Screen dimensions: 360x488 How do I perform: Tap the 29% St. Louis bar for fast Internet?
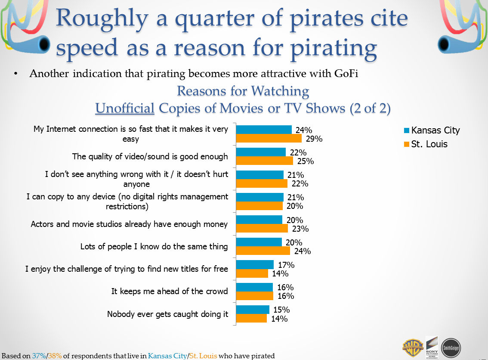click(x=269, y=139)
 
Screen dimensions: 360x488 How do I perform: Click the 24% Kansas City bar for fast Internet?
click(x=264, y=130)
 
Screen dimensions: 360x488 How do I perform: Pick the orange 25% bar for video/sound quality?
click(x=265, y=161)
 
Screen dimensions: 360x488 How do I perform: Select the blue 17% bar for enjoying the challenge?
click(x=255, y=264)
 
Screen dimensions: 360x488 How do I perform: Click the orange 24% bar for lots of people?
click(x=263, y=251)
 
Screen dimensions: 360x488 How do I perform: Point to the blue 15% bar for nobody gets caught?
click(x=253, y=310)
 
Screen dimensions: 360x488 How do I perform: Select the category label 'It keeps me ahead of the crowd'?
click(x=170, y=292)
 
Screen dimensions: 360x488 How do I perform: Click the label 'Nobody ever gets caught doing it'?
click(x=167, y=314)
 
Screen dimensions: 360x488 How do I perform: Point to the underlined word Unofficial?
click(x=125, y=108)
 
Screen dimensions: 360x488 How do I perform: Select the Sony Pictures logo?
click(x=432, y=346)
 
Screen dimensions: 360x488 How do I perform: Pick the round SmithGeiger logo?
click(x=451, y=348)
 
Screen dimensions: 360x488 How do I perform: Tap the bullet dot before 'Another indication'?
click(x=16, y=74)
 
